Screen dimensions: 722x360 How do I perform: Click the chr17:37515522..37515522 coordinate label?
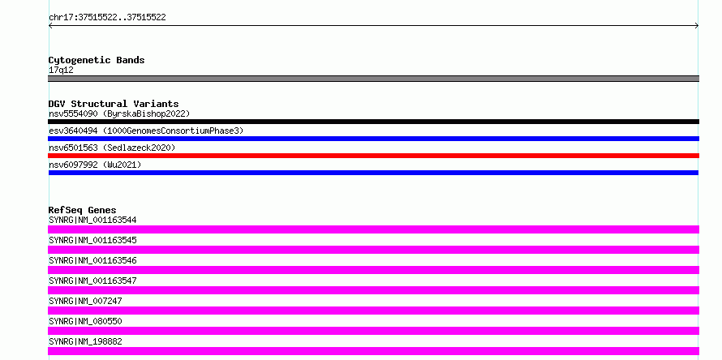[107, 18]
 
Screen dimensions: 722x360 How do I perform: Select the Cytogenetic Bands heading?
[97, 60]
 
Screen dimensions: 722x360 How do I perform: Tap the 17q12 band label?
[61, 71]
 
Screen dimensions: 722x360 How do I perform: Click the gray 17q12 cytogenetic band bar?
[373, 79]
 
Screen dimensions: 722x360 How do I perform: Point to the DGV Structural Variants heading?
[114, 104]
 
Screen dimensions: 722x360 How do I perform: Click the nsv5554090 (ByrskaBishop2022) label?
[119, 114]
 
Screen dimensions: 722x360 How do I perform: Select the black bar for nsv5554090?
[373, 122]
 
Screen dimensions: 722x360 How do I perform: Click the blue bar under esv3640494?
[373, 139]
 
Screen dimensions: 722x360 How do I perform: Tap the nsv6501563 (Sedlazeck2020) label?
[112, 148]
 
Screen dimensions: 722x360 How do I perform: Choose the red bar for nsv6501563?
[373, 156]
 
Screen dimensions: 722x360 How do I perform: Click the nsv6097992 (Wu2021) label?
[95, 165]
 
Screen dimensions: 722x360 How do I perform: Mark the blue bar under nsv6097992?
[373, 173]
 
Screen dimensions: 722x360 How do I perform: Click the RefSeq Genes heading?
[83, 210]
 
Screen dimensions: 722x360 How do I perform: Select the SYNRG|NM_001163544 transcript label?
[92, 220]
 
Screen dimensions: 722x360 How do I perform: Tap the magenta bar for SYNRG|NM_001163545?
[373, 250]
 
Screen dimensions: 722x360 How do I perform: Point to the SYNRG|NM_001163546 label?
[92, 260]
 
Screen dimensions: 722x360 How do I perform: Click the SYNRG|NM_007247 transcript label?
[85, 301]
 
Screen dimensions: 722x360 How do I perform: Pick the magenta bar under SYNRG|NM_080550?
[373, 331]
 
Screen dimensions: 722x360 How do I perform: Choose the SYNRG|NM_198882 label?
[85, 341]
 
